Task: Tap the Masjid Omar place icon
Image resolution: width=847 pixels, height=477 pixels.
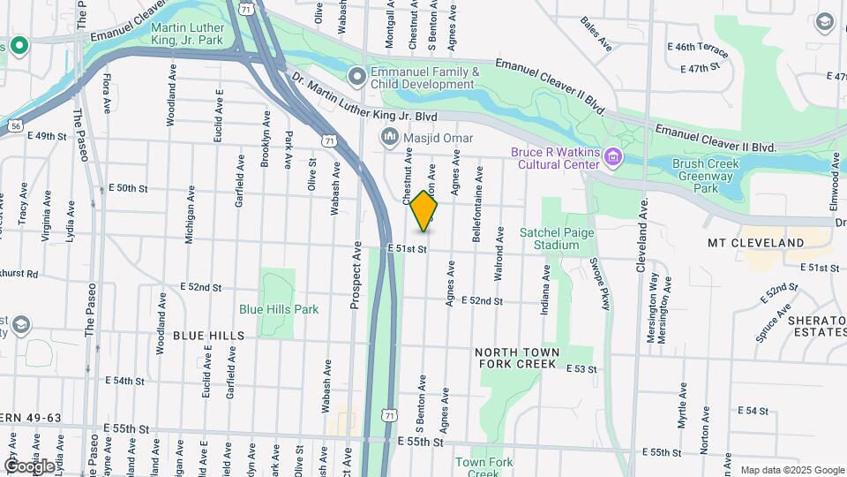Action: click(x=389, y=138)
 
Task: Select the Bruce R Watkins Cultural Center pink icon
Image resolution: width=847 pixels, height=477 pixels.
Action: click(x=611, y=158)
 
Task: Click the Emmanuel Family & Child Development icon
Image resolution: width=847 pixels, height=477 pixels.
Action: click(x=357, y=78)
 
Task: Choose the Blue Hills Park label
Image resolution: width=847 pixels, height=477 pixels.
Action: click(x=279, y=309)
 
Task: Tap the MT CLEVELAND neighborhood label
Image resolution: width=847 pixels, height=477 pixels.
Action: click(x=755, y=242)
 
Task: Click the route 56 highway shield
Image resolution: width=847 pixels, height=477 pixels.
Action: click(x=16, y=126)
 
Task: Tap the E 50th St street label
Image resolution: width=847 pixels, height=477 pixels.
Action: click(x=127, y=188)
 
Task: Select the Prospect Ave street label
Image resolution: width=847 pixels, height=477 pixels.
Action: click(x=357, y=275)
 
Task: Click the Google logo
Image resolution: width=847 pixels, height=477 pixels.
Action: click(x=29, y=466)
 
